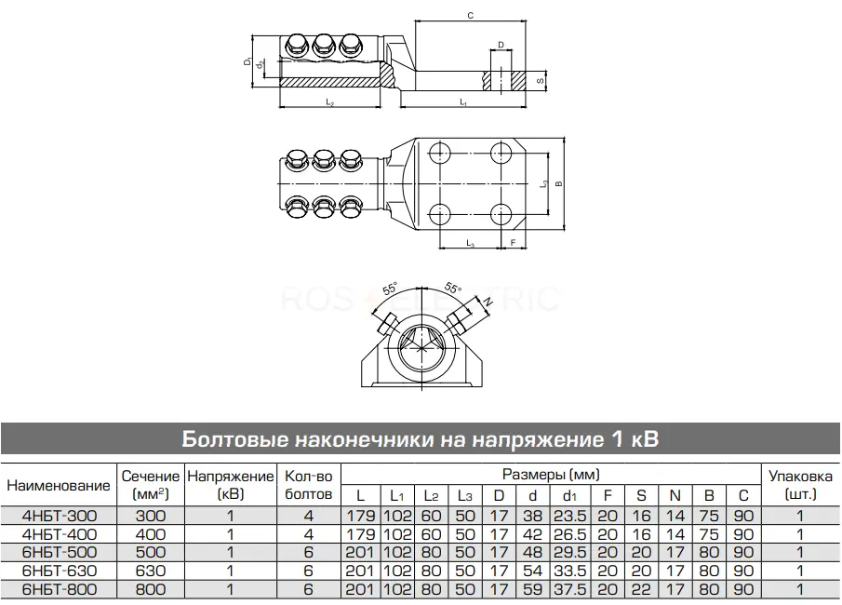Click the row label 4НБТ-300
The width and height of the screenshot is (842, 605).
pyautogui.click(x=59, y=516)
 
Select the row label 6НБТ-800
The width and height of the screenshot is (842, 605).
pyautogui.click(x=59, y=589)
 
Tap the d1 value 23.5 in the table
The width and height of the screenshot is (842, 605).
pyautogui.click(x=569, y=516)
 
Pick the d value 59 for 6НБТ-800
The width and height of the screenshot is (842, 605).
pyautogui.click(x=532, y=589)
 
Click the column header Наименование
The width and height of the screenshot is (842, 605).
pyautogui.click(x=58, y=485)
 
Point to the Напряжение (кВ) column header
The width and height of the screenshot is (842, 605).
pyautogui.click(x=231, y=485)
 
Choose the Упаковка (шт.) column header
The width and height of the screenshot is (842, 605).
pyautogui.click(x=800, y=485)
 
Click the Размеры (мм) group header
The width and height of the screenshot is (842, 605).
pyautogui.click(x=551, y=475)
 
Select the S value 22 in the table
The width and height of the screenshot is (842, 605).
pyautogui.click(x=641, y=589)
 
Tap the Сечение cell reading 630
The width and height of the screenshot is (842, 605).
pyautogui.click(x=151, y=571)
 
